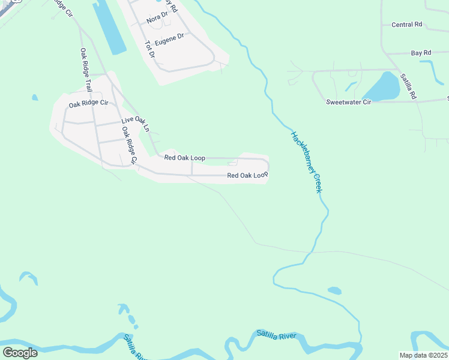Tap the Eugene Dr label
click(169, 40)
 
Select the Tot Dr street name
click(150, 49)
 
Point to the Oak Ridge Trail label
click(86, 69)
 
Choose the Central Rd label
click(406, 25)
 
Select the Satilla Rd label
click(408, 85)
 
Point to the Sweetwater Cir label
click(349, 103)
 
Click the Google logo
click(20, 353)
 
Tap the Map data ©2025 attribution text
click(423, 355)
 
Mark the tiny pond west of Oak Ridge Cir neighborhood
click(35, 97)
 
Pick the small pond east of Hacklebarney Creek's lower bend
click(334, 290)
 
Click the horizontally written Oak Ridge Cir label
click(88, 104)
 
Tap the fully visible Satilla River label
click(276, 334)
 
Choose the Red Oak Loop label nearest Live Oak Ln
click(185, 158)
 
